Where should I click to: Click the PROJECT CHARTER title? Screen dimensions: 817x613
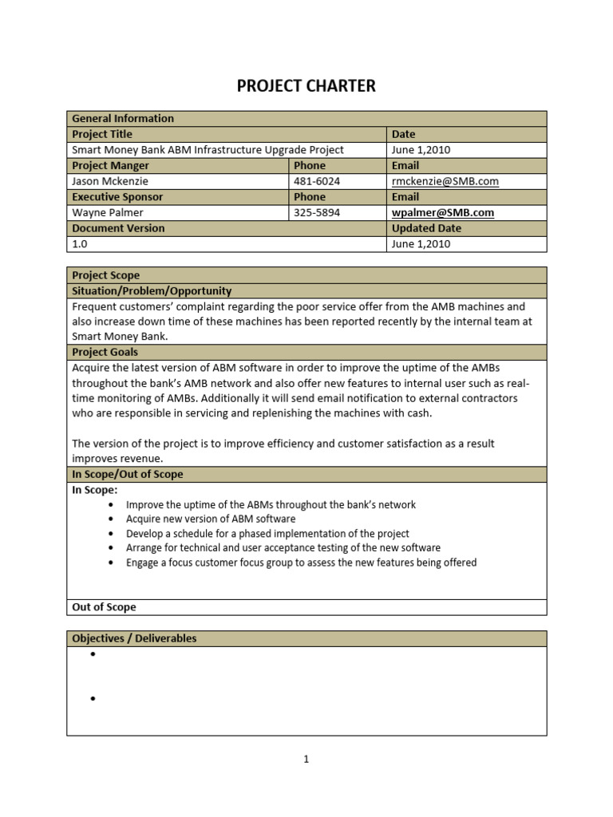[306, 86]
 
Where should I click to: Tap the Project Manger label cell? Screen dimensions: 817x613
[111, 166]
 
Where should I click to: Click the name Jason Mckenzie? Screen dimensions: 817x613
[111, 181]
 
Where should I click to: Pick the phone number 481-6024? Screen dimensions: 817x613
[317, 181]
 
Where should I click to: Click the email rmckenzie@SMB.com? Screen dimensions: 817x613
[445, 181]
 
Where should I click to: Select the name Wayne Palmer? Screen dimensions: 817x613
[106, 213]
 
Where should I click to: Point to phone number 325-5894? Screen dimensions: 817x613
[317, 213]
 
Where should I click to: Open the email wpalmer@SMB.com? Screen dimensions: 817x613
[443, 213]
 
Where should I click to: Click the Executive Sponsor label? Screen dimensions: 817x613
[117, 197]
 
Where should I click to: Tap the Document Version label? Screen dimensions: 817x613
[118, 228]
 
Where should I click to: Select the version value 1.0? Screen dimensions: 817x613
[81, 244]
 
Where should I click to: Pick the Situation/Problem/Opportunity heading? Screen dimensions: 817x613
[152, 291]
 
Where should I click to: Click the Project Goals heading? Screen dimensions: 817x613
[105, 352]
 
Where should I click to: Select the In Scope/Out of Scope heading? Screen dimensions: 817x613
[128, 474]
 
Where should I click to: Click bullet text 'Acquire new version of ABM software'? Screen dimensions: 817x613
[211, 519]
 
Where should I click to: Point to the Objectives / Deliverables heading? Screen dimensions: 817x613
[134, 638]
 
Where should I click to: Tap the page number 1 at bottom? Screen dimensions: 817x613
[306, 759]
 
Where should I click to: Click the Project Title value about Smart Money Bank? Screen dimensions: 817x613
[208, 150]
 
